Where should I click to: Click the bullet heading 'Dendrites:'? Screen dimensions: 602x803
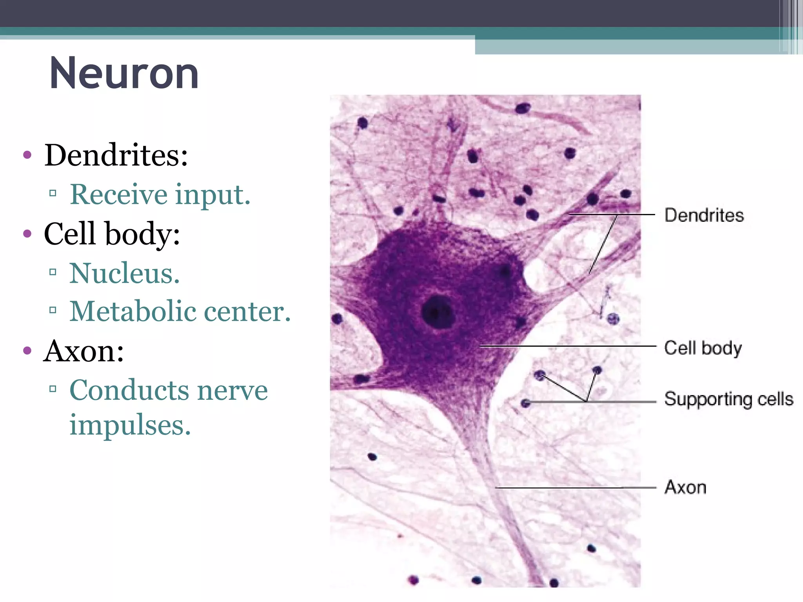tap(116, 155)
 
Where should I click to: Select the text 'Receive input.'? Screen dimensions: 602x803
tap(160, 194)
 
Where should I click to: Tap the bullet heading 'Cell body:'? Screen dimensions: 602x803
tap(112, 234)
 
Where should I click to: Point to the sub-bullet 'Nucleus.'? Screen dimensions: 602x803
tap(125, 273)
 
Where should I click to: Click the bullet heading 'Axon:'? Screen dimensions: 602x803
tap(84, 351)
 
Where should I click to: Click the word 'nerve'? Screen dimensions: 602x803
tap(233, 391)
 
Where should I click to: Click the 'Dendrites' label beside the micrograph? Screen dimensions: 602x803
tap(704, 216)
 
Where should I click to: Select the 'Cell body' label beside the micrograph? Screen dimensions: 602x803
tap(703, 348)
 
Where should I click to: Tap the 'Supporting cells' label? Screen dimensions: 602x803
tap(729, 399)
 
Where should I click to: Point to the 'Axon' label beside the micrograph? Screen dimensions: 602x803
tap(685, 488)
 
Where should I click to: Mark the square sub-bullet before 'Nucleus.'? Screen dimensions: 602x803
tap(53, 272)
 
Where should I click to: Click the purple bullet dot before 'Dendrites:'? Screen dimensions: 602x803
tap(27, 154)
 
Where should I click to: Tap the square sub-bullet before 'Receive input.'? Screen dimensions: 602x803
tap(53, 193)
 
